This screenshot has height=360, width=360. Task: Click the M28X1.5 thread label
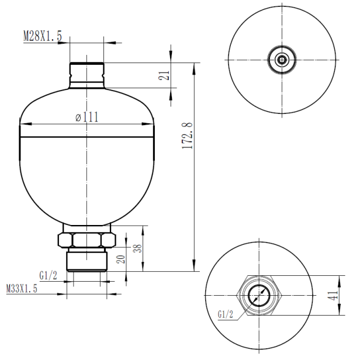[x=42, y=36]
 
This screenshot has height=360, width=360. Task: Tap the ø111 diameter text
[x=86, y=117]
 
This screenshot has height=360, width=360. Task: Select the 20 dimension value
[x=122, y=259]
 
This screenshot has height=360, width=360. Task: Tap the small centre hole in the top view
[x=283, y=60]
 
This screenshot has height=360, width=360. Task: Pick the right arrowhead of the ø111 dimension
[x=150, y=123]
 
